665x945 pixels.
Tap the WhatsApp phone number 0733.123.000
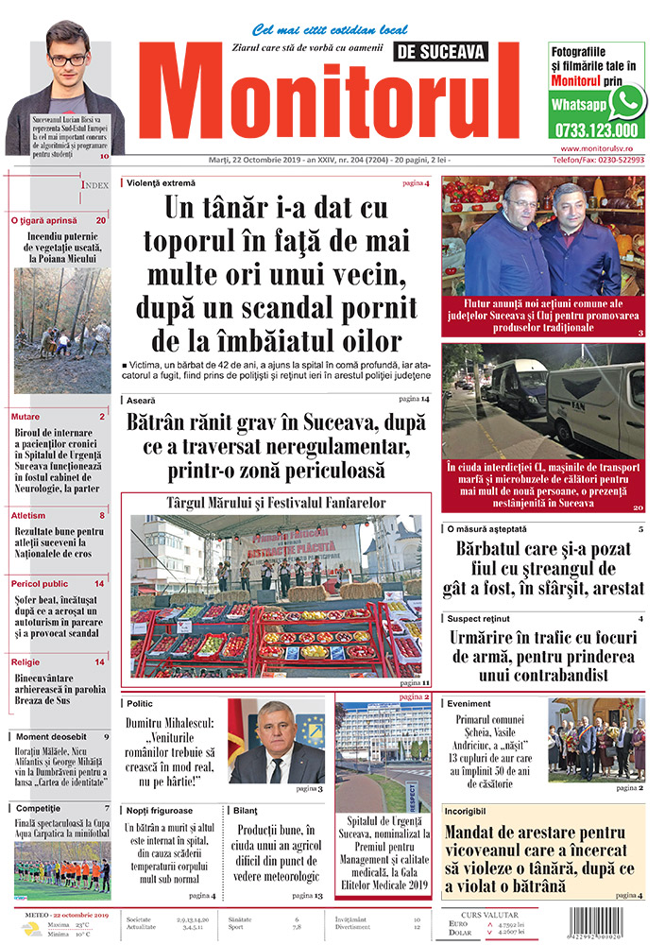point(596,130)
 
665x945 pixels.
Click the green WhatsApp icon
point(627,101)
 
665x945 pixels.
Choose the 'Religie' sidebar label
point(27,661)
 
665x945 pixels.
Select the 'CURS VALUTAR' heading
point(482,915)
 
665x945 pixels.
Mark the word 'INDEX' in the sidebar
point(97,185)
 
